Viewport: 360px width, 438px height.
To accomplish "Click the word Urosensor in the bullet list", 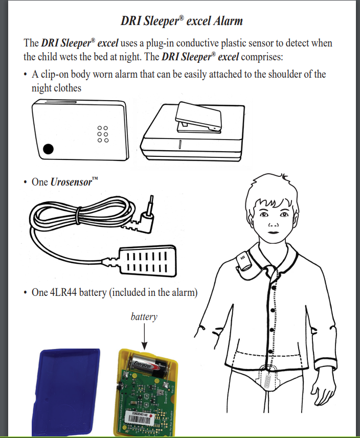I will pos(72,182).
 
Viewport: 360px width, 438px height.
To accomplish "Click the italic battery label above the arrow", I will pos(144,317).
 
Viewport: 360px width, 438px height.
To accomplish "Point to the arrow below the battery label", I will pos(144,335).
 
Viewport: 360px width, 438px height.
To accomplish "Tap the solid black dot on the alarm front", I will pos(48,149).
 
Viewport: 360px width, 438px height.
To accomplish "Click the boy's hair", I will pos(271,189).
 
